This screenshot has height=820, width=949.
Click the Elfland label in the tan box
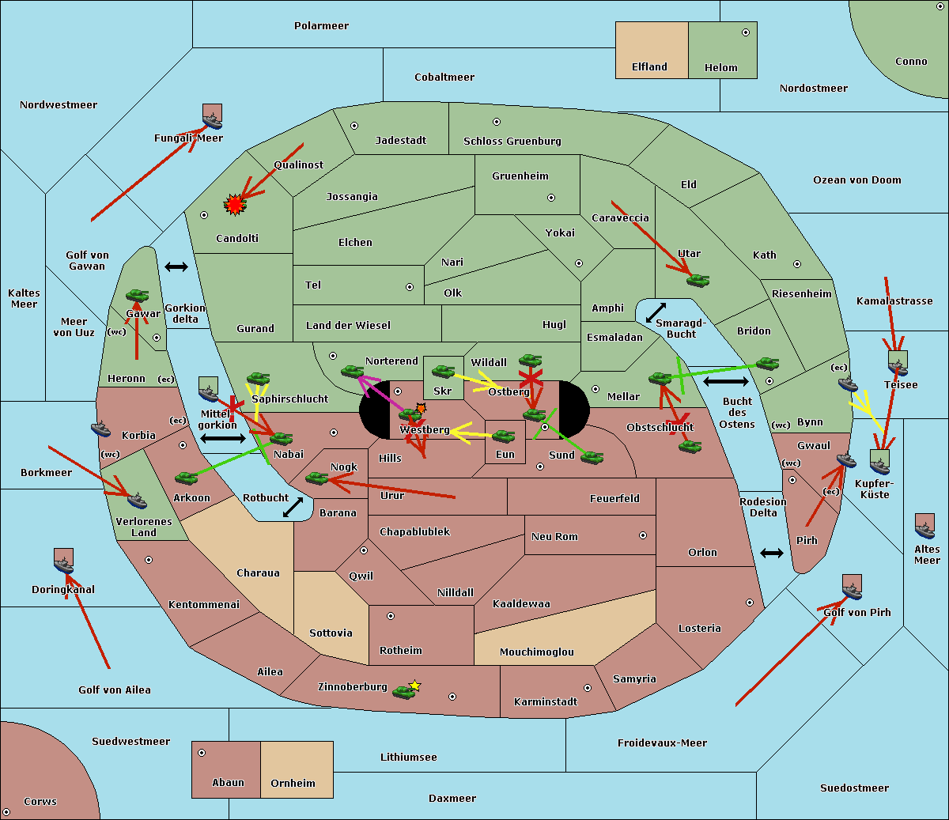pos(649,67)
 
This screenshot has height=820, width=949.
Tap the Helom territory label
pos(721,68)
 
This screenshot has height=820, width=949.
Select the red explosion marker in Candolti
pos(235,205)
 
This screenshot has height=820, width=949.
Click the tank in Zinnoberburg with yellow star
pos(404,692)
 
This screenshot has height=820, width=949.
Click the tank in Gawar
pos(138,296)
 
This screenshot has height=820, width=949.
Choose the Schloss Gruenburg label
pos(512,142)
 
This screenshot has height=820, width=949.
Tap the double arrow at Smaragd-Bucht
pos(656,312)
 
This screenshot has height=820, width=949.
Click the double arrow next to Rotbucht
pos(293,507)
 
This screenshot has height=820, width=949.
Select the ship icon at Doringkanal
pos(64,561)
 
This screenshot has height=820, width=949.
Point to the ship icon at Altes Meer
pos(924,527)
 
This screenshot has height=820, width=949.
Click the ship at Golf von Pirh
pos(852,588)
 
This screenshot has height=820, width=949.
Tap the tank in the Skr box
pos(443,371)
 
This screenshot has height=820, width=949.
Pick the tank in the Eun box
pos(504,436)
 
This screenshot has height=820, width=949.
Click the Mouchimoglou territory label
pos(537,652)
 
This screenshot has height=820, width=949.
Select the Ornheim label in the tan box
pos(293,784)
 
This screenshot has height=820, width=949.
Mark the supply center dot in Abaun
pos(202,753)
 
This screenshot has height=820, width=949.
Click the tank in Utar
pos(698,280)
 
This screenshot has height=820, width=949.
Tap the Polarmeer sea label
pos(321,26)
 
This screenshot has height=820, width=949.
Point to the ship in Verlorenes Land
pos(137,500)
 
